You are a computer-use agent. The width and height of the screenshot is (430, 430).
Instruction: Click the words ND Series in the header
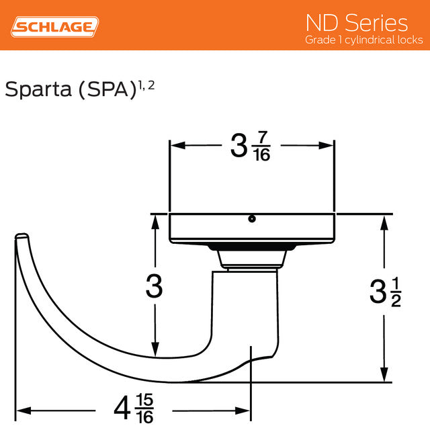[356, 22]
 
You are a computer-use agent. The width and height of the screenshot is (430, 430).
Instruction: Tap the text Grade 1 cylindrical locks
[363, 40]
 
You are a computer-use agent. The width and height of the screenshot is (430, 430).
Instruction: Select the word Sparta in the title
[37, 89]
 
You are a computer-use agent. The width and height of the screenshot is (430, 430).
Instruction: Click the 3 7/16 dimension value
[251, 146]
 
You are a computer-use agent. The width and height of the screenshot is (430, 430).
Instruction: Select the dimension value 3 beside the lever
[155, 288]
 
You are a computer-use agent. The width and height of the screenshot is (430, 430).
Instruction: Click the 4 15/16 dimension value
[135, 409]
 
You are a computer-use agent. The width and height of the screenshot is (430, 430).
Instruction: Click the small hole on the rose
[251, 218]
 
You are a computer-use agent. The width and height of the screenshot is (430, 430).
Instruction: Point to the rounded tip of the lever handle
[22, 237]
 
